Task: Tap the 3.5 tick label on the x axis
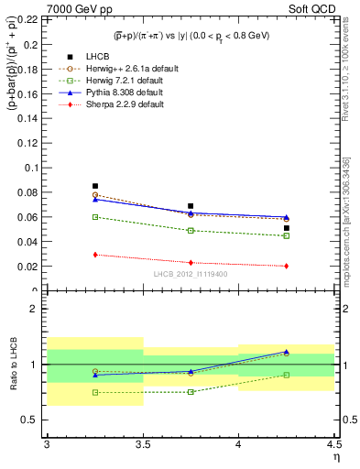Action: coord(142,444)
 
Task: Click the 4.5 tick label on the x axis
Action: coord(333,444)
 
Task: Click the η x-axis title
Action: coord(335,456)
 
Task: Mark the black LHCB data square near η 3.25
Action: coord(95,186)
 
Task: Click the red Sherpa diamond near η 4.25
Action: coord(287,266)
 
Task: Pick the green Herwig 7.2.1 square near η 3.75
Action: coord(191,231)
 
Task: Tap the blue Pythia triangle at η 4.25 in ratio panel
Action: coord(287,352)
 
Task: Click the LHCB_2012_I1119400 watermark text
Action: coord(190,274)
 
